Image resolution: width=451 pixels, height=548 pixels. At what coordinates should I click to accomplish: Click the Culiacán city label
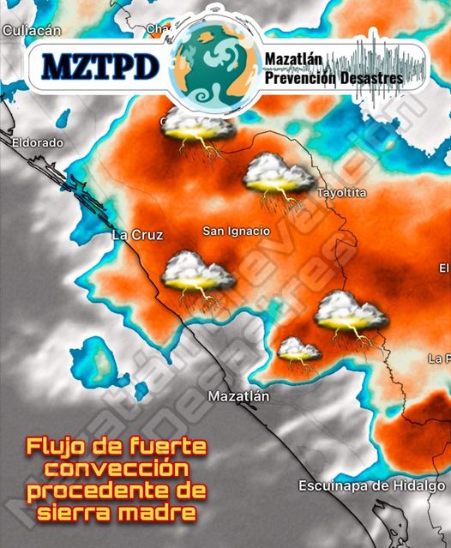pyautogui.click(x=33, y=30)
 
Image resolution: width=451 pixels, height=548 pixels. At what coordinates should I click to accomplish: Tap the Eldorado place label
pyautogui.click(x=38, y=142)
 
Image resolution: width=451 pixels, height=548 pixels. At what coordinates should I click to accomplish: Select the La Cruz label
pyautogui.click(x=137, y=234)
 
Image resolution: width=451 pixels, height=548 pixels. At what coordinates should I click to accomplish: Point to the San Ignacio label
pyautogui.click(x=236, y=231)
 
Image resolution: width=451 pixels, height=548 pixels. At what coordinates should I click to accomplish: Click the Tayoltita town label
pyautogui.click(x=341, y=193)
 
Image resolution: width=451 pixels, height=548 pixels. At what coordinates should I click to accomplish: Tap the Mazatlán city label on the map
pyautogui.click(x=238, y=396)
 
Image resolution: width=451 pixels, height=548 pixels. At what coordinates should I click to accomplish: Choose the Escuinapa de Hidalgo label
pyautogui.click(x=371, y=486)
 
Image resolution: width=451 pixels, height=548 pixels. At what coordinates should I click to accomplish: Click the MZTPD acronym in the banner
pyautogui.click(x=101, y=65)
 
